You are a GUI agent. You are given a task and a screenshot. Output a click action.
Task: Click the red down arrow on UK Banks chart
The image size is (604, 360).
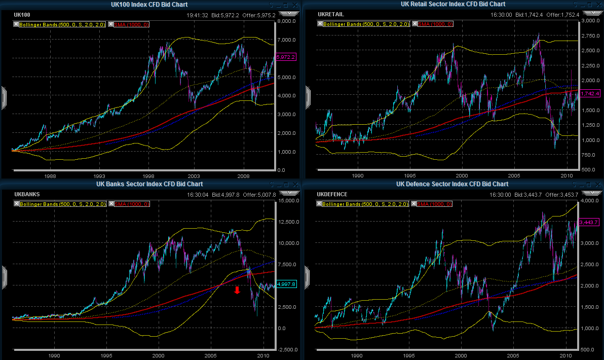237,290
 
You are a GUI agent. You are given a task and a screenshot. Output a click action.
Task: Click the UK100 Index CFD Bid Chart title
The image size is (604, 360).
149,5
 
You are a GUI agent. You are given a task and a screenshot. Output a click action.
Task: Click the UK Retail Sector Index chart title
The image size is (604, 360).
452,5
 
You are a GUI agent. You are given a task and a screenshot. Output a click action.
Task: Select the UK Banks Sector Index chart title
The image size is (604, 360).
149,184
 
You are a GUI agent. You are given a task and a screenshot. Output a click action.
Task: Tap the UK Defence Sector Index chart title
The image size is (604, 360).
452,184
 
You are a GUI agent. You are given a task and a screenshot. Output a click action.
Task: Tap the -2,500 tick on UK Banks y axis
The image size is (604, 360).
286,349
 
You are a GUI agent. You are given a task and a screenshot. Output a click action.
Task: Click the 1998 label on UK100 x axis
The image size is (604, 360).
148,176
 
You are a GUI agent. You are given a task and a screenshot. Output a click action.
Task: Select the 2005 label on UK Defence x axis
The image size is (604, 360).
513,356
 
